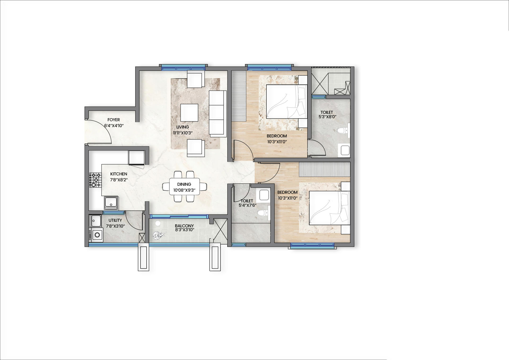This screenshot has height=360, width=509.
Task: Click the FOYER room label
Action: click(113, 120)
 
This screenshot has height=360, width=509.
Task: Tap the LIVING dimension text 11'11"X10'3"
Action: click(183, 133)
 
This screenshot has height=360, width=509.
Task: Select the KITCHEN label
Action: click(119, 174)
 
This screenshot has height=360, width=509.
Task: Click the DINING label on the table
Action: click(184, 184)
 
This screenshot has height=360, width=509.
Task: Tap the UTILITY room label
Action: click(115, 220)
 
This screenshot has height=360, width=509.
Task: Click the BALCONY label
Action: click(184, 226)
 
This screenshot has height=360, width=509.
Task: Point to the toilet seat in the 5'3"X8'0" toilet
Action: click(344, 131)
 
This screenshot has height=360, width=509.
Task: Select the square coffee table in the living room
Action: click(189, 113)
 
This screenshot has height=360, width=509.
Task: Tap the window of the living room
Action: click(183, 67)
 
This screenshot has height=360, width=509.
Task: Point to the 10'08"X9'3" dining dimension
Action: click(184, 190)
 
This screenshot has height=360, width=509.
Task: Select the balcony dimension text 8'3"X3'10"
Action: click(184, 230)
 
